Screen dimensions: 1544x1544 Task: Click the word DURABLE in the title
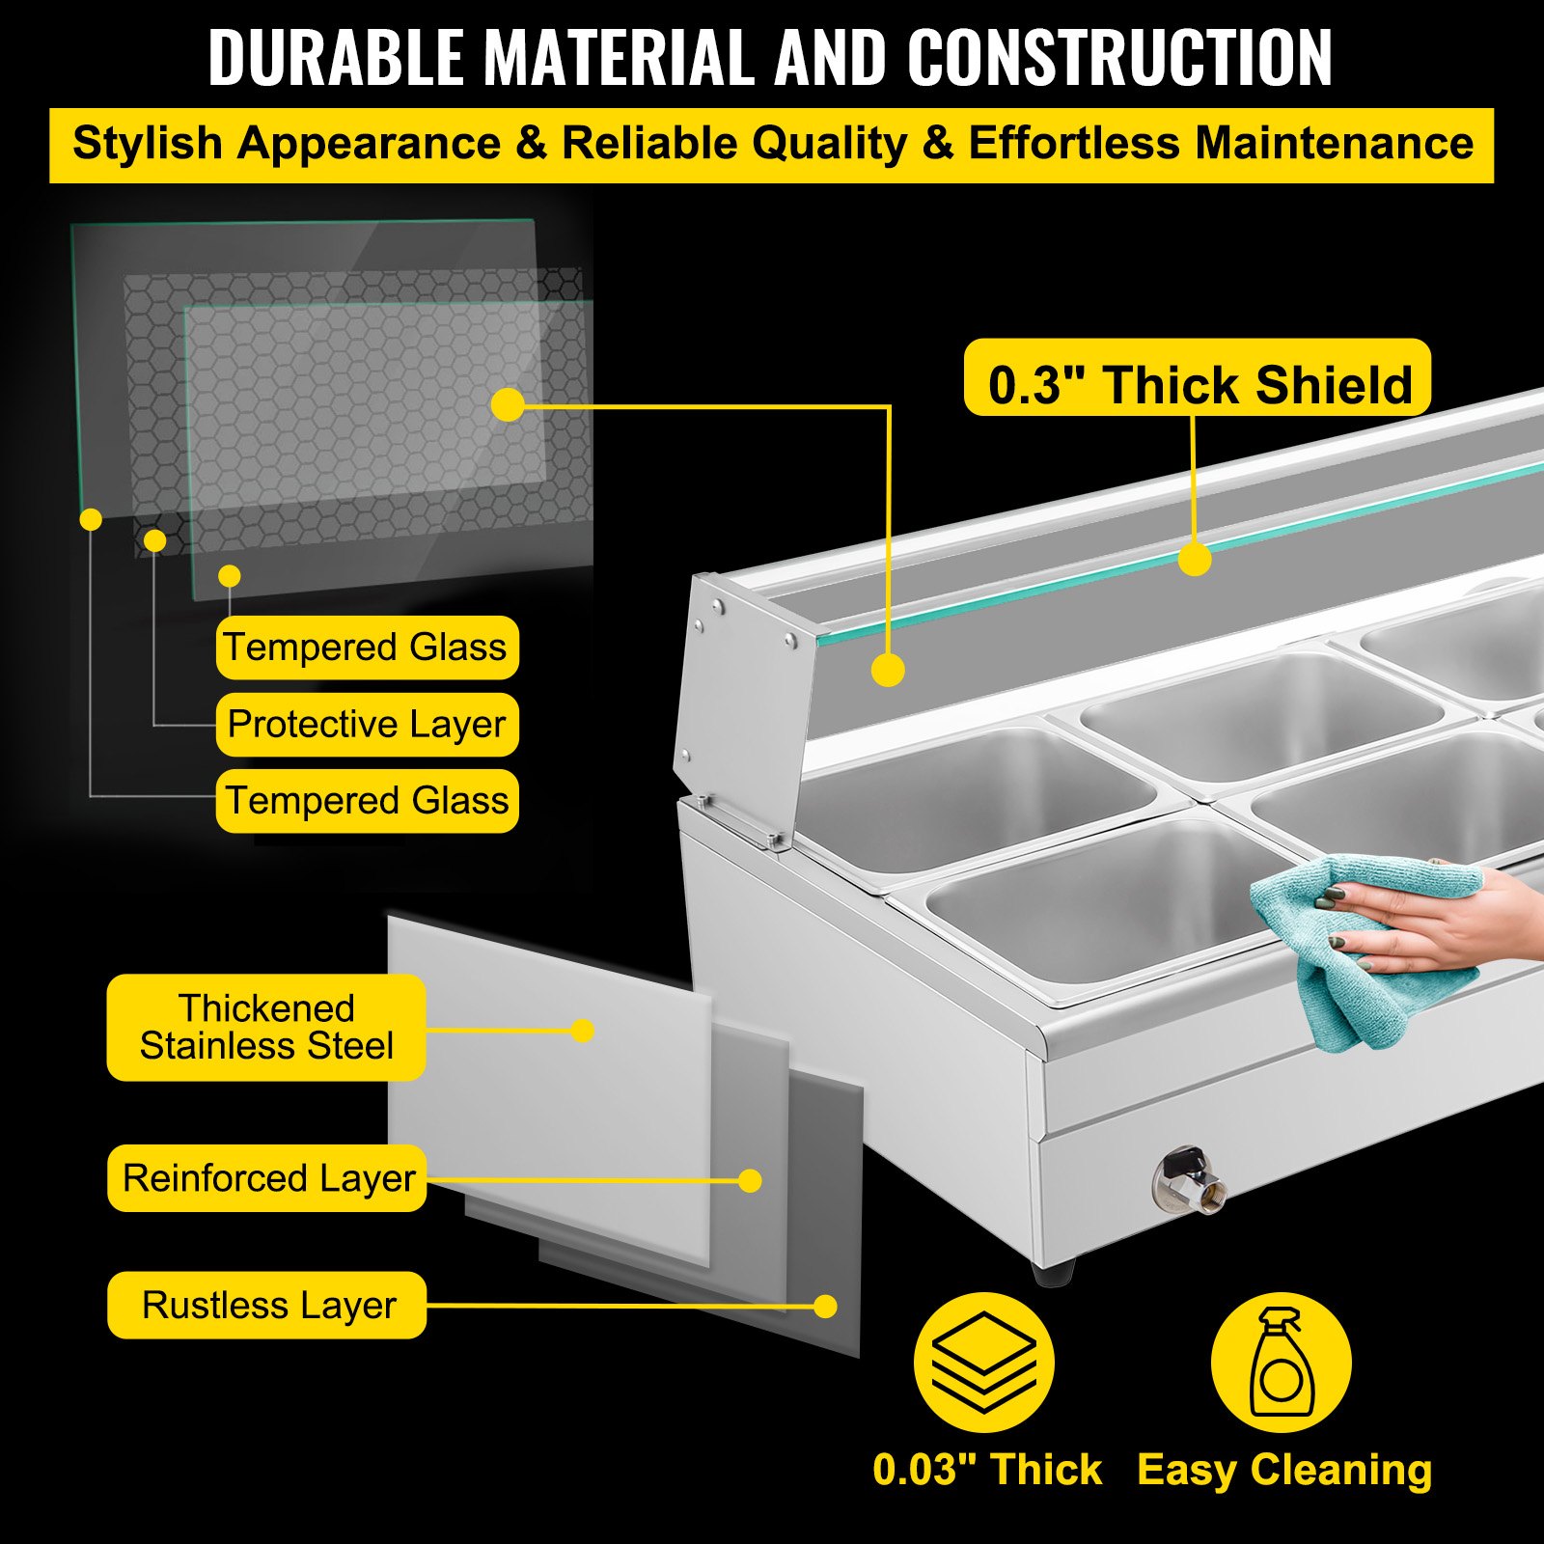coord(336,58)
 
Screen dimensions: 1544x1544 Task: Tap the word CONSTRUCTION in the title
coord(1119,58)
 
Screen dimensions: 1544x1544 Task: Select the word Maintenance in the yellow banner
coord(1334,143)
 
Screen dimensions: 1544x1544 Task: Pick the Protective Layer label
coord(367,724)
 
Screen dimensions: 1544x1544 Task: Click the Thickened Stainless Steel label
coord(266,1027)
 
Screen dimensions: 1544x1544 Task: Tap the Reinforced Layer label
coord(267,1178)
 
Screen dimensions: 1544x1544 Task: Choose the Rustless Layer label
coord(267,1306)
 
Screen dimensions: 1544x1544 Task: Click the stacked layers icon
coord(984,1363)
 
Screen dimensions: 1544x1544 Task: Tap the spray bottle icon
coord(1282,1363)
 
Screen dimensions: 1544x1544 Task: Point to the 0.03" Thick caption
coord(987,1470)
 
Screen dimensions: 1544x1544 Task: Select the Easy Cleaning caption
coord(1284,1471)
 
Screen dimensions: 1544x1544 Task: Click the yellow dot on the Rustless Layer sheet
coord(825,1307)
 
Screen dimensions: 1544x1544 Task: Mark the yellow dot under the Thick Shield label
coord(1195,560)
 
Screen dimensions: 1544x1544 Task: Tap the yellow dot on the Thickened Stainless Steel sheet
coord(582,1031)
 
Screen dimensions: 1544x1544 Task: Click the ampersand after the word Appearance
coord(531,144)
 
